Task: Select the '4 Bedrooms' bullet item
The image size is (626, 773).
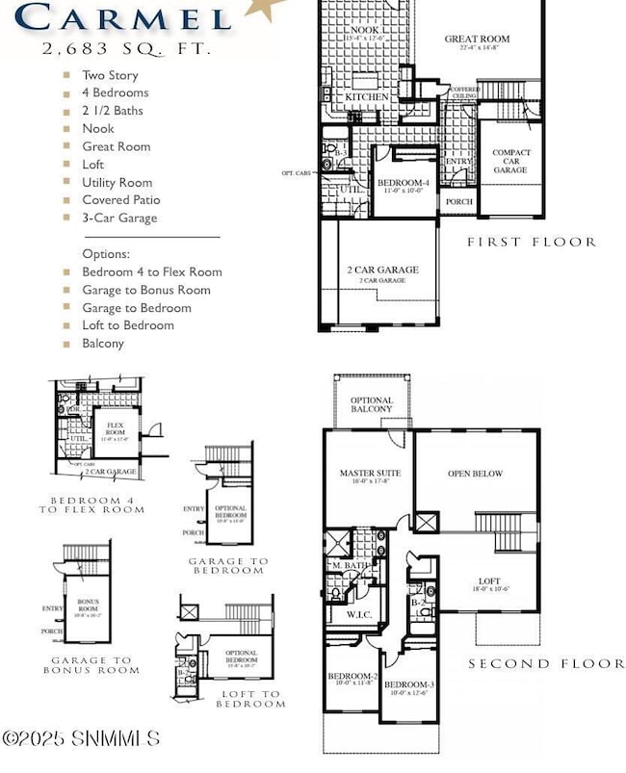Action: (115, 92)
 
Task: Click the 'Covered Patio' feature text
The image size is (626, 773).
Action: (120, 200)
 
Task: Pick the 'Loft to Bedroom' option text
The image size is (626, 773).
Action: (128, 325)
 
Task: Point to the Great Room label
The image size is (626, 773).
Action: (477, 39)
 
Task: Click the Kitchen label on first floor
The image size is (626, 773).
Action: (366, 97)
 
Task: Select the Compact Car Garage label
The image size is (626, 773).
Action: (510, 161)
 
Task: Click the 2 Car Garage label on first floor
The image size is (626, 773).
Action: (382, 271)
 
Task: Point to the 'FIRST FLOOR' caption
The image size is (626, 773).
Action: (531, 243)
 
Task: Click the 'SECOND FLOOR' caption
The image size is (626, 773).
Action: (546, 663)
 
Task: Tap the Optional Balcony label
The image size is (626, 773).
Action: (371, 404)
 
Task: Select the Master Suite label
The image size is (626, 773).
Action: (369, 474)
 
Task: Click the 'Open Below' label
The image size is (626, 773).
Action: (476, 474)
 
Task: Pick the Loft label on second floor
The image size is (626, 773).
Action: (490, 581)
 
